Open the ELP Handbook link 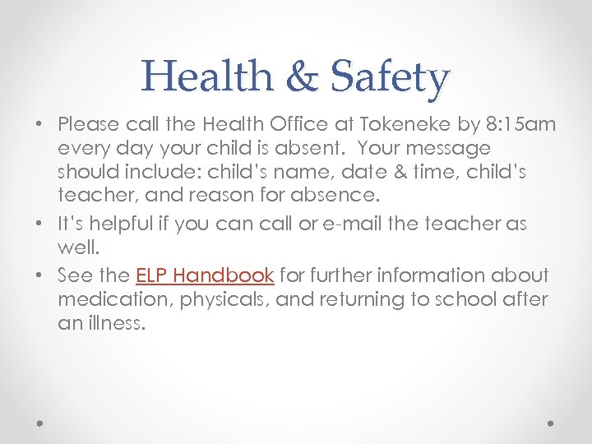click(x=205, y=275)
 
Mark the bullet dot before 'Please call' click(x=39, y=125)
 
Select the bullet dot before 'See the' click(x=39, y=275)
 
